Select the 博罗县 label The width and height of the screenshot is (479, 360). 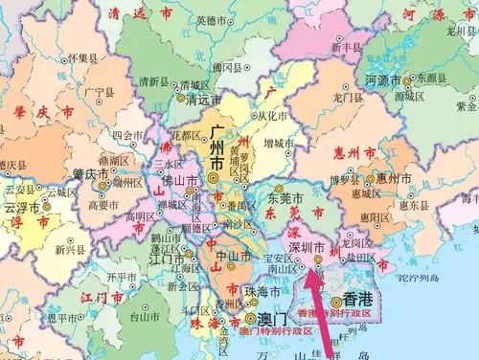coord(342,178)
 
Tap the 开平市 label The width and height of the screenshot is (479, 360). coord(122,277)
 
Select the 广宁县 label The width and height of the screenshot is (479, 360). coord(101,91)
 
